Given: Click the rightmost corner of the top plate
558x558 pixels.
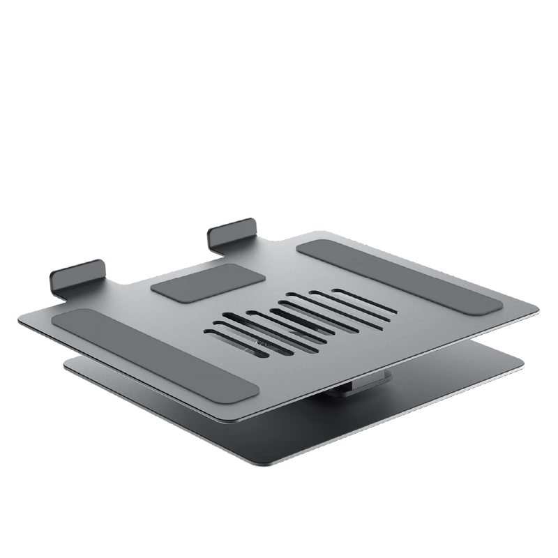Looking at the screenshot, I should click(x=540, y=308).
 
